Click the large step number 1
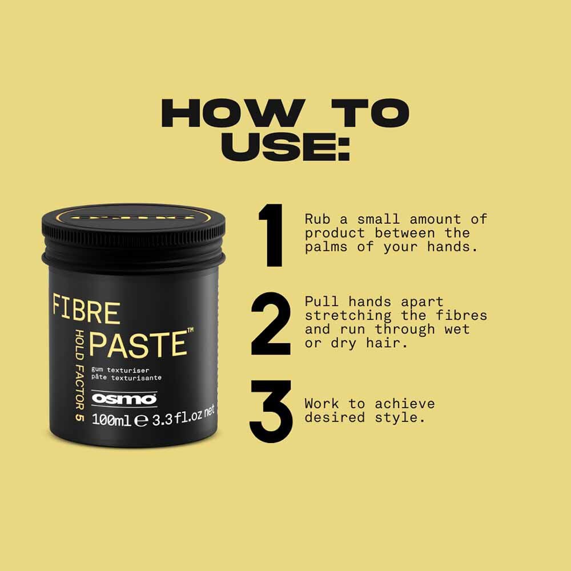[272, 235]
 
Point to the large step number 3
[271, 411]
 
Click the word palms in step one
[329, 247]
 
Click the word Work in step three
[322, 404]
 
